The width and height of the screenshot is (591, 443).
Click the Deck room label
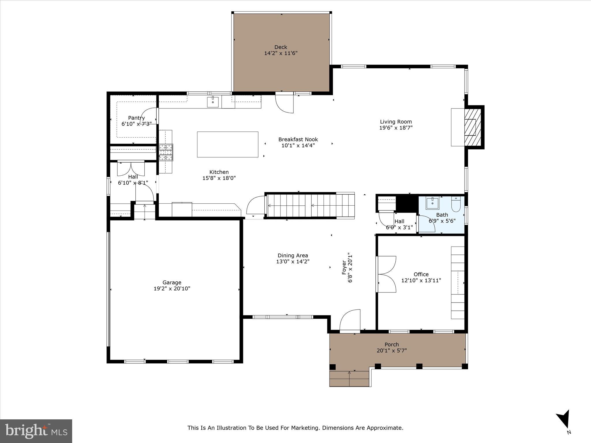280,47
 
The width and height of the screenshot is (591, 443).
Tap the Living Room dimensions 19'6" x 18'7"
396,128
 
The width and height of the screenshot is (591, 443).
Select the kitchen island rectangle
227,144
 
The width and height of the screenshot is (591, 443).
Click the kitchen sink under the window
213,102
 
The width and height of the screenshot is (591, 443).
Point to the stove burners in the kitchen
166,152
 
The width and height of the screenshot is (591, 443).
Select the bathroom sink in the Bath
432,203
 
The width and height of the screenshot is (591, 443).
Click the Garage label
172,282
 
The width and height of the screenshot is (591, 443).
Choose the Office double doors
386,274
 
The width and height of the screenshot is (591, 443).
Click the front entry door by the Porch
350,320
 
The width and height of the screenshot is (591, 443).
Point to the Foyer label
344,267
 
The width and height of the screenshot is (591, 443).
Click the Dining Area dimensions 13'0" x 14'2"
293,262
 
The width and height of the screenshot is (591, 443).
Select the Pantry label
136,118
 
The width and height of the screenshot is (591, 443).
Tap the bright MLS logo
36,431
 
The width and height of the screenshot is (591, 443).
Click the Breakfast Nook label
298,139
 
